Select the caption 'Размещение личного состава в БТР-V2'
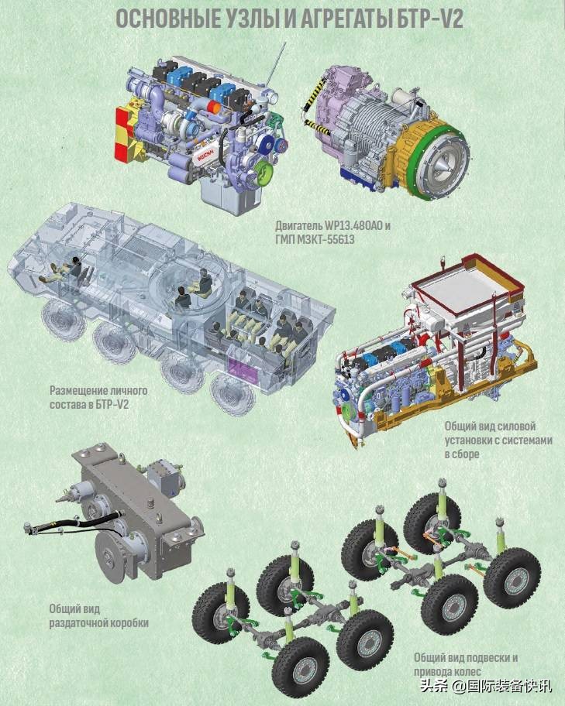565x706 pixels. pyautogui.click(x=98, y=397)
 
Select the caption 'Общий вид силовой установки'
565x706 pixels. pyautogui.click(x=501, y=440)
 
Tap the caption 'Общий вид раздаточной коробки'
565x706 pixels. pyautogui.click(x=98, y=615)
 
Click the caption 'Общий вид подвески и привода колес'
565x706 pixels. pyautogui.click(x=466, y=664)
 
